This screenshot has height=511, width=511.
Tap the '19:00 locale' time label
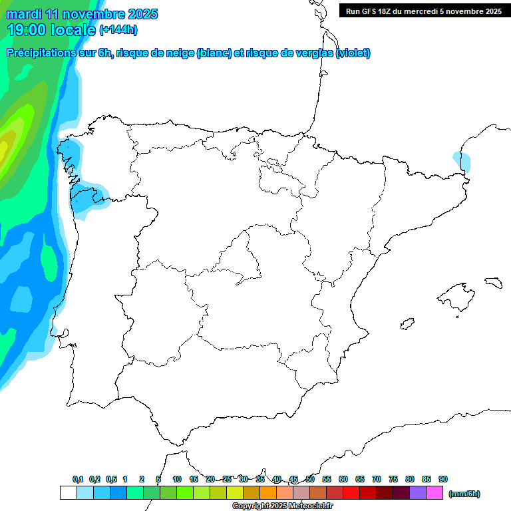tap(52, 30)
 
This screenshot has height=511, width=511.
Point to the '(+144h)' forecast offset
tap(118, 30)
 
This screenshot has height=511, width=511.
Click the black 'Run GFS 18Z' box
tap(423, 11)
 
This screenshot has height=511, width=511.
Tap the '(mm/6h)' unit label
tap(464, 494)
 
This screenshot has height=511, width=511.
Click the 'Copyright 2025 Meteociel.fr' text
tap(282, 506)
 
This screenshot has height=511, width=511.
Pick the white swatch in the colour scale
tap(68, 493)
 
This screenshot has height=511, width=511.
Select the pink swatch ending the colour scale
tap(434, 493)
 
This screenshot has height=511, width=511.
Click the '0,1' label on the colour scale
tap(78, 480)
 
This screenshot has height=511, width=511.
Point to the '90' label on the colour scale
tap(443, 480)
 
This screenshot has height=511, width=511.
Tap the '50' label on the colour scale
tap(310, 480)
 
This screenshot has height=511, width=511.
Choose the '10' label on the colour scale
tap(177, 480)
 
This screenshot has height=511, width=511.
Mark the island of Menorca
tap(493, 282)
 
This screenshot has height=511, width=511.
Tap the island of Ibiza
tap(406, 325)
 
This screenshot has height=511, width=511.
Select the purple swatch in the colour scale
tap(418, 493)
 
